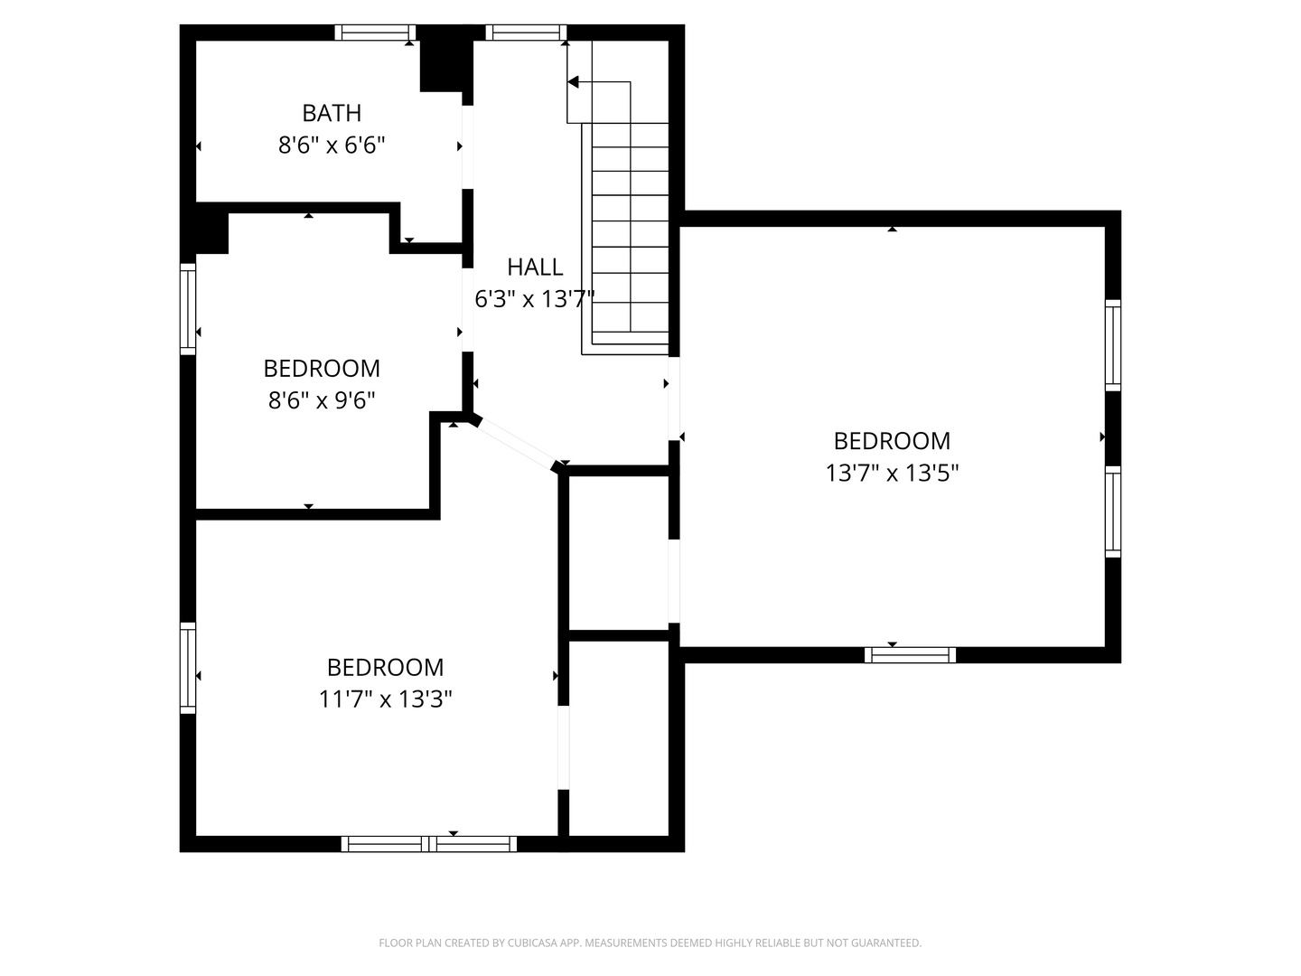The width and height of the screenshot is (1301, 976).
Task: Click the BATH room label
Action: tap(332, 113)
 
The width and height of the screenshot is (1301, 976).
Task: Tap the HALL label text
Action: tap(535, 267)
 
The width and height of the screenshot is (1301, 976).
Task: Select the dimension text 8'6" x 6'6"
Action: tap(332, 145)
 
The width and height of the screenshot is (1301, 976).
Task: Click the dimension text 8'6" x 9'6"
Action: tap(322, 399)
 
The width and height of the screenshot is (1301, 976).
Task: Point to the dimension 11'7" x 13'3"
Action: tap(385, 699)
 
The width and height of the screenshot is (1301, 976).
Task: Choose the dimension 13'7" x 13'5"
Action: tap(892, 473)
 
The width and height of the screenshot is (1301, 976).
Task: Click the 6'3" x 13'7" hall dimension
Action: tap(535, 299)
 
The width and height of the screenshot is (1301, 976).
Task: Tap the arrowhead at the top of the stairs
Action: tap(573, 82)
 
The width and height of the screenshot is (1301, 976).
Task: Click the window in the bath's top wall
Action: tap(375, 33)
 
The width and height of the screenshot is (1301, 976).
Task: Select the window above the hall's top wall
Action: tap(526, 33)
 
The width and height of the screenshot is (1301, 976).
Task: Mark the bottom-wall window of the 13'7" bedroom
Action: tap(910, 655)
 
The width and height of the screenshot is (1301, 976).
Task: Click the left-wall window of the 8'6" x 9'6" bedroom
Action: tap(188, 309)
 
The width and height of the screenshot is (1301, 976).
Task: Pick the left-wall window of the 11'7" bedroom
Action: tap(188, 668)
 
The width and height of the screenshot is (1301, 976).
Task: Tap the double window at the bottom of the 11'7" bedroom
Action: tap(429, 844)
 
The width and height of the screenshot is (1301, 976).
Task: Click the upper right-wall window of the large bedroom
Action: tap(1113, 345)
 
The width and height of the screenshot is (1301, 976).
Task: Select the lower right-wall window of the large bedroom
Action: tap(1113, 511)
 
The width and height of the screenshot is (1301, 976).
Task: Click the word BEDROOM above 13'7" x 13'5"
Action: tap(892, 441)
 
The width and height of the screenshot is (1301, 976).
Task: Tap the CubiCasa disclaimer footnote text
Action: tap(650, 943)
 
